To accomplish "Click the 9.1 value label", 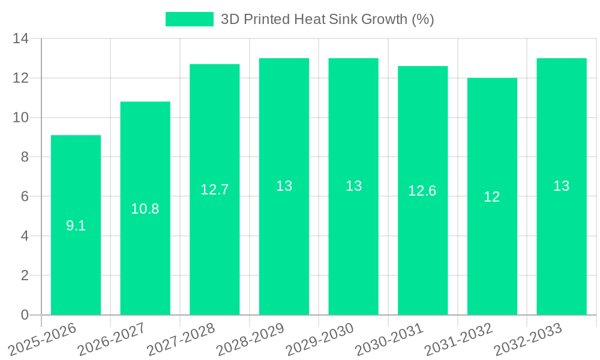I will pyautogui.click(x=76, y=226).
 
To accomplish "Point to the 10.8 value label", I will pyautogui.click(x=145, y=209).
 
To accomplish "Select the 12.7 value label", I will pyautogui.click(x=215, y=190).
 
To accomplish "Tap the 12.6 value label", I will pyautogui.click(x=422, y=191).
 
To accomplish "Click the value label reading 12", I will pyautogui.click(x=492, y=197).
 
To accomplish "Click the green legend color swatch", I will pyautogui.click(x=189, y=19).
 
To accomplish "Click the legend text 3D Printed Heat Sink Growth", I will pyautogui.click(x=327, y=19).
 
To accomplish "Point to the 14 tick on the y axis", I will pyautogui.click(x=20, y=39).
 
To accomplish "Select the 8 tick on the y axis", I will pyautogui.click(x=25, y=157).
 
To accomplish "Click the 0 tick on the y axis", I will pyautogui.click(x=25, y=315).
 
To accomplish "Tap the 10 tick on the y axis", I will pyautogui.click(x=20, y=118).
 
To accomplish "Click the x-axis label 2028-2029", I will pyautogui.click(x=251, y=340).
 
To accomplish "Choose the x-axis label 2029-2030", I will pyautogui.click(x=320, y=340).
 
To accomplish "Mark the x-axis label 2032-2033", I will pyautogui.click(x=529, y=340).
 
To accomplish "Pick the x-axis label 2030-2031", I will pyautogui.click(x=390, y=340).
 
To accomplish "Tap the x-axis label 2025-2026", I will pyautogui.click(x=43, y=340).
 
